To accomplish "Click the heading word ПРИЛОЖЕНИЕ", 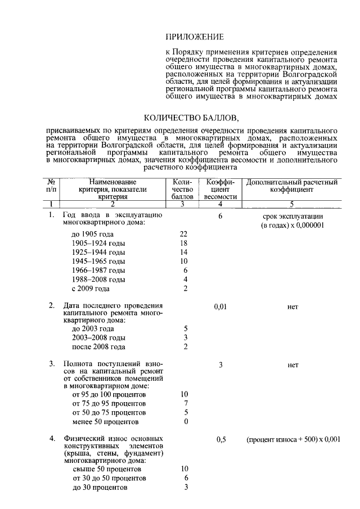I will click(x=195, y=37).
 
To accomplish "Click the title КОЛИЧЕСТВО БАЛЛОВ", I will click(x=192, y=118).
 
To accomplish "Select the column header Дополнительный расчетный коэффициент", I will click(x=292, y=186).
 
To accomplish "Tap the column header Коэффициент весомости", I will click(x=220, y=190).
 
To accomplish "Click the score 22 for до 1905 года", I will click(x=183, y=234).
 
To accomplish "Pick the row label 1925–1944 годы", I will click(x=98, y=252).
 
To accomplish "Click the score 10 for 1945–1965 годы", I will click(x=183, y=262).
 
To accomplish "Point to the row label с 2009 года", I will click(x=91, y=289).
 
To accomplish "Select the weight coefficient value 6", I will click(x=220, y=216).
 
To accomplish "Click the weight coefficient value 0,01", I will click(x=220, y=307).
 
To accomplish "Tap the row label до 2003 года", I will click(x=93, y=329).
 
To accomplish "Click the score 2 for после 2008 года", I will click(x=185, y=347).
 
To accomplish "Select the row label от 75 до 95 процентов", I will click(x=109, y=404).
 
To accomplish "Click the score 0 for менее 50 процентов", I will click(x=185, y=422).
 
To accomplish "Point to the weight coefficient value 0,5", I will click(x=220, y=440).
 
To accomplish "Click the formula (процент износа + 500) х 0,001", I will click(x=292, y=440).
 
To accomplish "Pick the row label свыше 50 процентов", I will click(x=107, y=469).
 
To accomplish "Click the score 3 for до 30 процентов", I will click(x=185, y=488).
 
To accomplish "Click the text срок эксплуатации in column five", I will click(x=292, y=216).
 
